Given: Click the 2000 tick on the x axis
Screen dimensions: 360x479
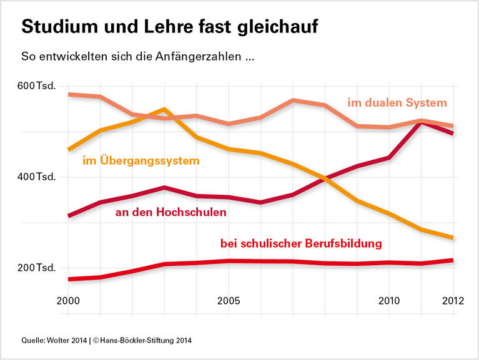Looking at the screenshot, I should tap(69, 301).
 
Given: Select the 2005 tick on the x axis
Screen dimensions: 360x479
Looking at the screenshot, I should tap(229, 301).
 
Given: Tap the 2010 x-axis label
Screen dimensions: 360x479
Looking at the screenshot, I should tap(388, 301).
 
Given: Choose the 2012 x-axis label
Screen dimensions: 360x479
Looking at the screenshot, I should tap(453, 301).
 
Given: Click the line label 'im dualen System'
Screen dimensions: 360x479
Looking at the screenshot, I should tap(397, 102).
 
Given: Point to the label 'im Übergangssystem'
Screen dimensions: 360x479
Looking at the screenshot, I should tap(141, 161).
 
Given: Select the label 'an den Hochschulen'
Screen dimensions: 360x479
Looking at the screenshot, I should tap(171, 212).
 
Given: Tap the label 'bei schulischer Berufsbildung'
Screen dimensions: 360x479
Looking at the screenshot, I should tap(301, 243).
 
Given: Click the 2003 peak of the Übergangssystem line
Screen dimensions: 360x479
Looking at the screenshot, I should tap(164, 110).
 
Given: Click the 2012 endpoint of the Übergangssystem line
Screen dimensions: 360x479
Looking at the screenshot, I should tap(452, 237).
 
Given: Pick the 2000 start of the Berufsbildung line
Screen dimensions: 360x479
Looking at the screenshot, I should tap(69, 279).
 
